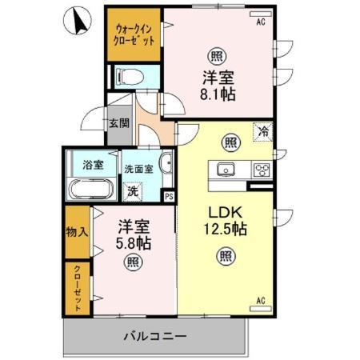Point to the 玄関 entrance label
pos(118,125)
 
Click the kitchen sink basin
pos(224,169)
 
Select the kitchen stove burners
pos(261,169)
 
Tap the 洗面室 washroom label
pos(138,170)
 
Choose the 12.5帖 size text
pos(224,230)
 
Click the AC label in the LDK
pos(261,302)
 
